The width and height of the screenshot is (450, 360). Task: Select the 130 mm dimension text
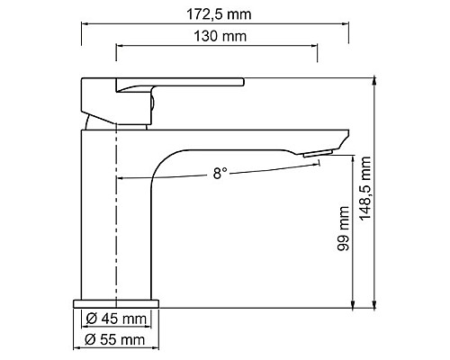pos(217,36)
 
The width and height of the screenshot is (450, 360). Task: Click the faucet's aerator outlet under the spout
pos(317,157)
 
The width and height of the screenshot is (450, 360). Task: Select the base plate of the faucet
pos(117,301)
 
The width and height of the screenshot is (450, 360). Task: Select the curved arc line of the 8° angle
pos(180,177)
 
